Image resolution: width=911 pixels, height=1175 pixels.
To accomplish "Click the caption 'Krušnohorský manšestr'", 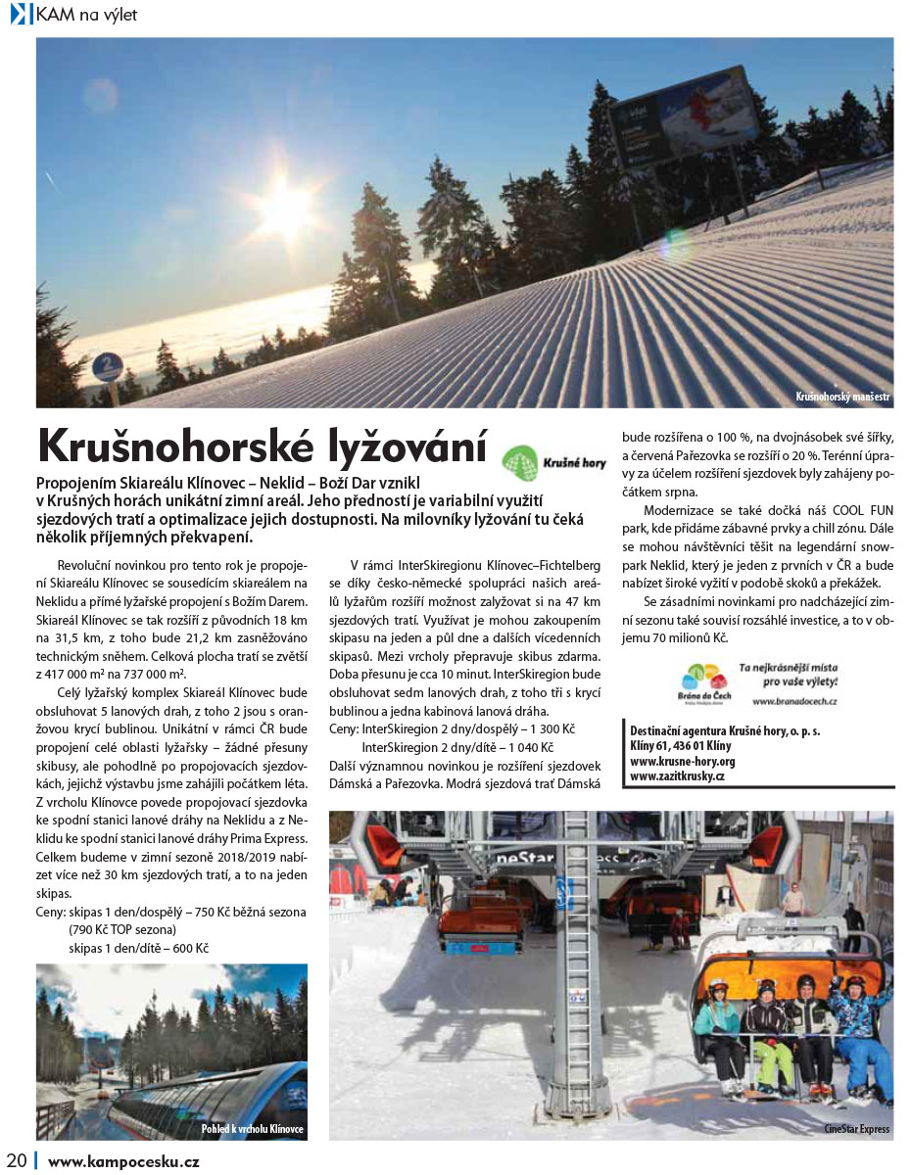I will [842, 397].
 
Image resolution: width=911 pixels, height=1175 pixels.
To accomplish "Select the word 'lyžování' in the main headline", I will [398, 446].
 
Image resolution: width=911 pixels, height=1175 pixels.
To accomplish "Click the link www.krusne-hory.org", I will [683, 760].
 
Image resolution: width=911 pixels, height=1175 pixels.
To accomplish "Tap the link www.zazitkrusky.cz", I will [677, 775].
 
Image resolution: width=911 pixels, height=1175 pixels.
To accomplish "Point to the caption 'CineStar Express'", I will [856, 1129].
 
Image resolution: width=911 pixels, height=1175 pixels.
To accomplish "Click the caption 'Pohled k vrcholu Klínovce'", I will [252, 1129].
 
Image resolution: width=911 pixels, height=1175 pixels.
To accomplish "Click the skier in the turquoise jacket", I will [720, 1023].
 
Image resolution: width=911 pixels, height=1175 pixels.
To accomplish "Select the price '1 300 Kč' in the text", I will [550, 729].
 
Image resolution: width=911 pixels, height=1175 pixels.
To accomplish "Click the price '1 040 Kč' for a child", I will [530, 746].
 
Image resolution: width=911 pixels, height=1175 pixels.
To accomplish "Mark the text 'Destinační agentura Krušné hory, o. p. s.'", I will [725, 730].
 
